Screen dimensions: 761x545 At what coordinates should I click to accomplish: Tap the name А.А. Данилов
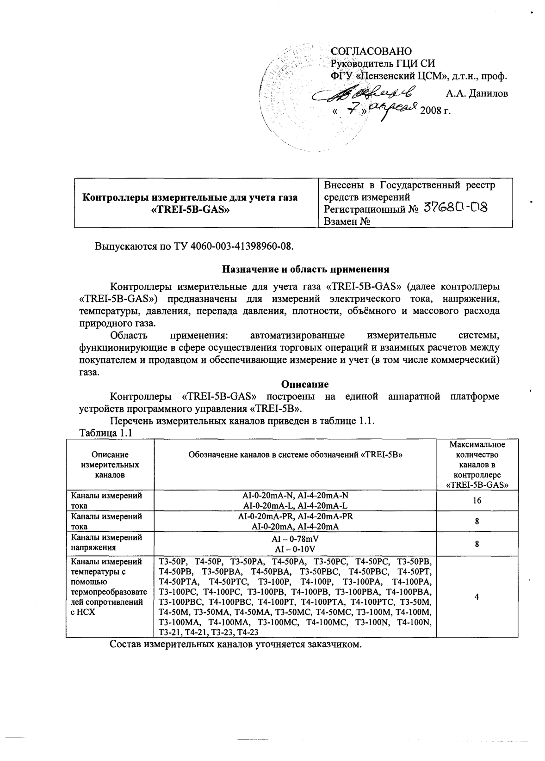click(x=477, y=93)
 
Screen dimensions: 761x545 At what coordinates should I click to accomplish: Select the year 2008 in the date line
click(x=430, y=111)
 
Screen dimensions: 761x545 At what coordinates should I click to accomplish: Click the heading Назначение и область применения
click(x=306, y=269)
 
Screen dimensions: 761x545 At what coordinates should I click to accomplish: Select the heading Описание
click(x=305, y=384)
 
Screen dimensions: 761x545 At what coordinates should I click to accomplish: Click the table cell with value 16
click(x=477, y=501)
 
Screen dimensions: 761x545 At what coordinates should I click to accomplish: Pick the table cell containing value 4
click(x=477, y=597)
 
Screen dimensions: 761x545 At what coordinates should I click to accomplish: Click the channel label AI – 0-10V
click(x=295, y=549)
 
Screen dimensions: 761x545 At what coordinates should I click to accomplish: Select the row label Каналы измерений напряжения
click(x=105, y=543)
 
